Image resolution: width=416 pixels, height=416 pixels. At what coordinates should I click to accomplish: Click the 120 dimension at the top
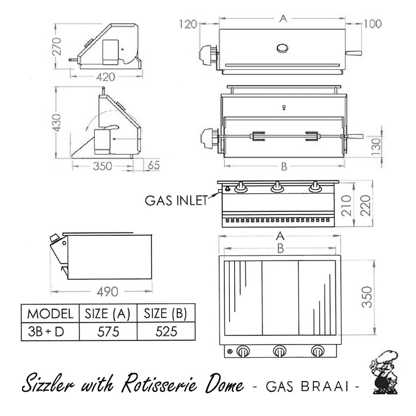point(188,24)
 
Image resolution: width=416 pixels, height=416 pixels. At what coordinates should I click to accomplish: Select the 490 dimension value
point(107,292)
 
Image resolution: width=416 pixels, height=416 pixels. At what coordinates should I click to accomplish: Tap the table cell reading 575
point(108,332)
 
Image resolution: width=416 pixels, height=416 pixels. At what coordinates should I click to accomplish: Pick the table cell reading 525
point(166,332)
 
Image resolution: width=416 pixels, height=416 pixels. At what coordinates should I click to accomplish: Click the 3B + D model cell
point(46,332)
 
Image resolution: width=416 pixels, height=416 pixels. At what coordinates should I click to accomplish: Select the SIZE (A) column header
point(108,314)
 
